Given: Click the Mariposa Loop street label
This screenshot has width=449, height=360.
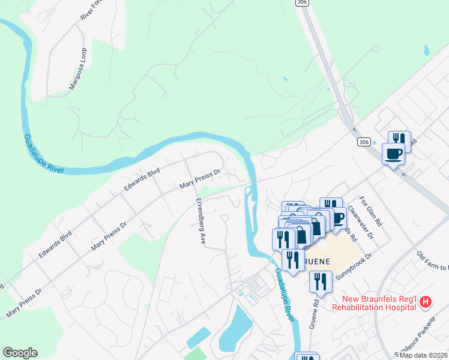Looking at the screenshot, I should (78, 69).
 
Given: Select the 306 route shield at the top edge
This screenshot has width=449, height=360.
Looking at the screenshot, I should (302, 3).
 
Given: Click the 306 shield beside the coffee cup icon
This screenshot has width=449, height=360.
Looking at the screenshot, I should (363, 142).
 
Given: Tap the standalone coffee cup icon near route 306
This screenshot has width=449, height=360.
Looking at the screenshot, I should (393, 154).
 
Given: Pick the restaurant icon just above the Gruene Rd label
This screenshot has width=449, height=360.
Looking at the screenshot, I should (321, 281).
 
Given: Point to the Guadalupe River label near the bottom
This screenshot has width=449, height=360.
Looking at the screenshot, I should (285, 293).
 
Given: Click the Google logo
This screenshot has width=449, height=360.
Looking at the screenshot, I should (20, 353).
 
